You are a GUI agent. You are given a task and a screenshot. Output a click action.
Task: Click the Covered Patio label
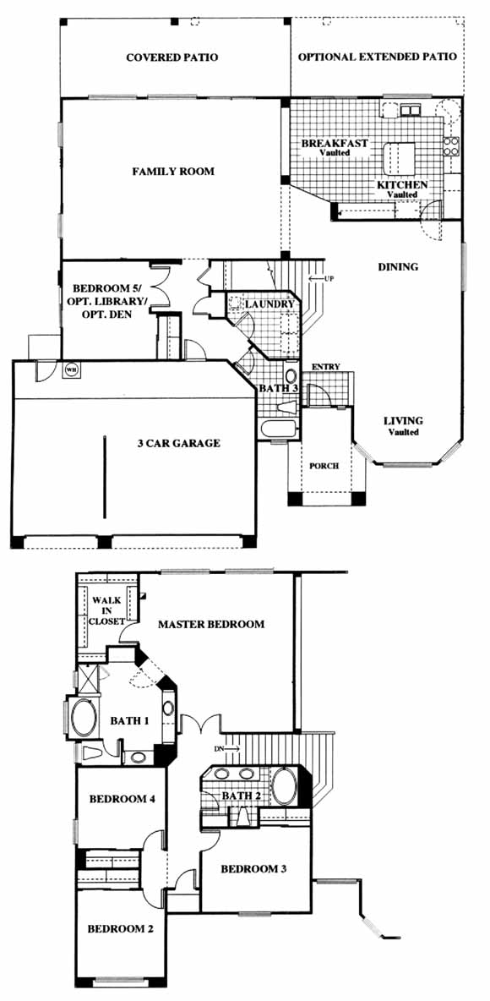(x=172, y=57)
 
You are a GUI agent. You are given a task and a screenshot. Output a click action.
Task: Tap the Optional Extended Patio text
(x=377, y=57)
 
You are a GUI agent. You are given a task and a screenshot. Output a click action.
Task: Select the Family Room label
(x=173, y=172)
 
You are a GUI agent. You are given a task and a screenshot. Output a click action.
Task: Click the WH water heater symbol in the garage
(x=70, y=369)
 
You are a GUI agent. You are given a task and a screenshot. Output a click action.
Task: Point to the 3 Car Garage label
(x=179, y=443)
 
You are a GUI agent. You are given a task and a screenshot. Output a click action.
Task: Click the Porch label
(x=324, y=466)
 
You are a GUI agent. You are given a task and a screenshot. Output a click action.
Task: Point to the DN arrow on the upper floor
(x=226, y=747)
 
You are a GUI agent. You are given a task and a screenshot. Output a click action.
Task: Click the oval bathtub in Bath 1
(x=83, y=718)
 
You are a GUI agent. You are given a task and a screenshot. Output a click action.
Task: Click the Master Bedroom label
(x=210, y=624)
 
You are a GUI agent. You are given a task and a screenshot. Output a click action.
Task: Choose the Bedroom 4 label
(x=122, y=799)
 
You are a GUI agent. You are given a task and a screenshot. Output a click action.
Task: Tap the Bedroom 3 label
(x=254, y=869)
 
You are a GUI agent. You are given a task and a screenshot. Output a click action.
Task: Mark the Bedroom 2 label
(x=121, y=929)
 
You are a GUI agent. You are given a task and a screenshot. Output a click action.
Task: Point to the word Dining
(x=398, y=267)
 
